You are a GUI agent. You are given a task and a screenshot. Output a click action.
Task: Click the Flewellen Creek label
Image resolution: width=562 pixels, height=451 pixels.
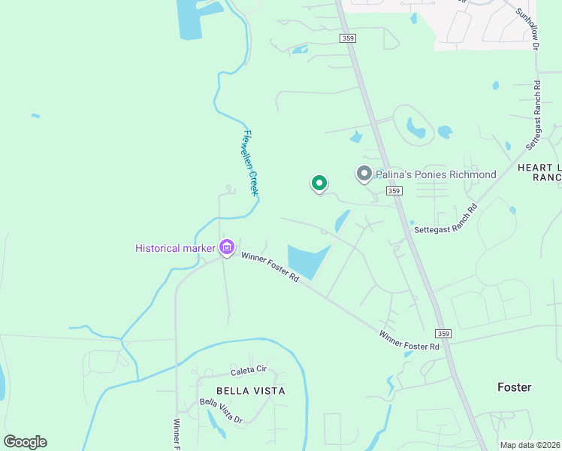pos(250,164)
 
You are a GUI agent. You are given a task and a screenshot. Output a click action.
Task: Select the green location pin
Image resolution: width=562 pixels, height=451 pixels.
pos(319,183)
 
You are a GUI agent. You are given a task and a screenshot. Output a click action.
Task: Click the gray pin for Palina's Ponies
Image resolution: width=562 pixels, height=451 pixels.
pos(364,175)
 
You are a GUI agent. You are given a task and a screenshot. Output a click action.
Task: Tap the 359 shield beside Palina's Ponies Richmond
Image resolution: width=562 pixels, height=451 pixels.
pos(394,192)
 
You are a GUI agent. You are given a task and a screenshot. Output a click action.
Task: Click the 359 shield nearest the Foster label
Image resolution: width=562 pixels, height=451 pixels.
pos(443,334)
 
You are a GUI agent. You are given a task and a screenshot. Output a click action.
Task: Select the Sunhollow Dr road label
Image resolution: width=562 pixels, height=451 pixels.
pos(527,29)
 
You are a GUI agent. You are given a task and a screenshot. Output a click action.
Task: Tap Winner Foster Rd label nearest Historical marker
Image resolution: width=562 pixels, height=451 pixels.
pos(270,267)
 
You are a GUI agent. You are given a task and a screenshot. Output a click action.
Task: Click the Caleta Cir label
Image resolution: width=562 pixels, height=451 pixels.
pos(248,371)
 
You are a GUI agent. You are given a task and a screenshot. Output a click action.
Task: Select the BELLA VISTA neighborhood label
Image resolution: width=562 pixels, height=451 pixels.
pos(250,391)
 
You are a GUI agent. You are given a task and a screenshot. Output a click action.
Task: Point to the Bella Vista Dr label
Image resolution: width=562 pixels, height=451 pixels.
pos(221,410)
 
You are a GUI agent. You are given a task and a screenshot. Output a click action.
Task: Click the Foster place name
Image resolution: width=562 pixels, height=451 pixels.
pos(514,387)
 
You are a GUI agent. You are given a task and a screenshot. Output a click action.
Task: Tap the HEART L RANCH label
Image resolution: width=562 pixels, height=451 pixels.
pos(539,171)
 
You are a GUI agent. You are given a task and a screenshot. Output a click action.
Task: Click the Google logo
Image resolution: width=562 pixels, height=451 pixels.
pos(25,442)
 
